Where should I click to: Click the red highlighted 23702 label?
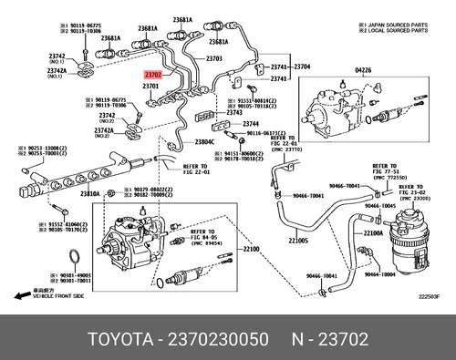click(x=152, y=77)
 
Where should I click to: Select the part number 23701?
click(x=151, y=87)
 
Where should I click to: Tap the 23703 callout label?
click(x=214, y=58)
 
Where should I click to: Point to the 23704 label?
click(x=302, y=67)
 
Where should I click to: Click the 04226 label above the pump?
click(x=337, y=70)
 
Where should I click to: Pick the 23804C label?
click(x=204, y=142)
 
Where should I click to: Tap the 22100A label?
click(x=371, y=233)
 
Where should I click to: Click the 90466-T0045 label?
click(x=401, y=206)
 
